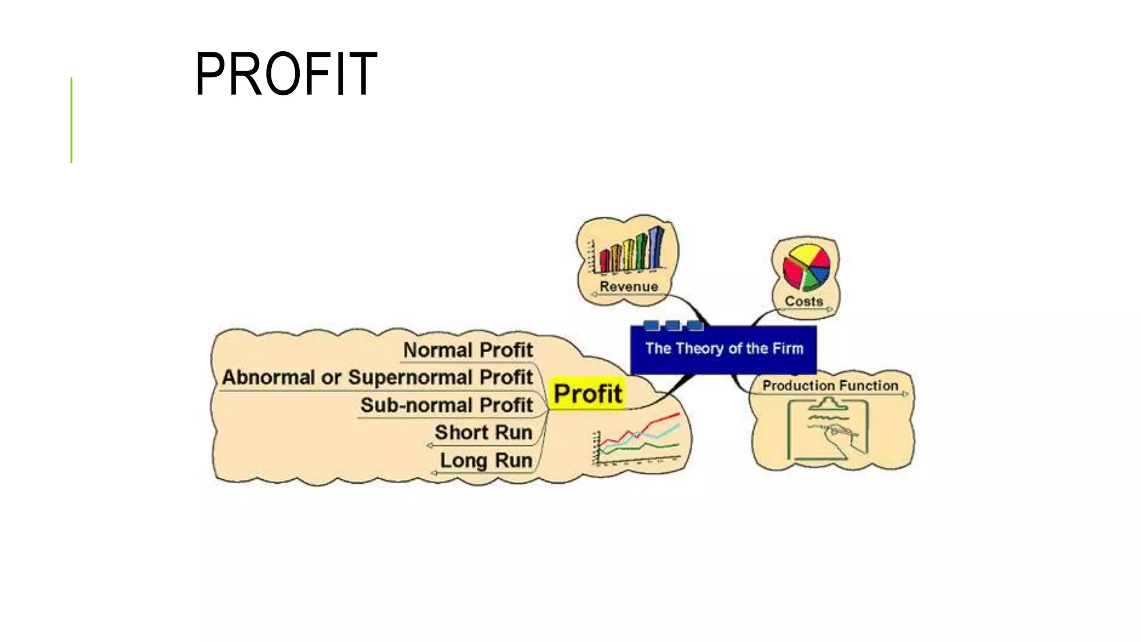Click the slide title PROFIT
286,74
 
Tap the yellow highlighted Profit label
587,393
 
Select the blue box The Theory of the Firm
723,349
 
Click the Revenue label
628,286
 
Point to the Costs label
803,301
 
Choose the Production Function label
830,385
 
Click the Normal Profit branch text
468,350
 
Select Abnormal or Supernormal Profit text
377,377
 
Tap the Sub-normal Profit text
446,405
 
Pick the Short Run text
483,432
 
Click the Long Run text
486,460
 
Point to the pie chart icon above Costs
806,267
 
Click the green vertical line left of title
71,120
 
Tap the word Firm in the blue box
788,349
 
